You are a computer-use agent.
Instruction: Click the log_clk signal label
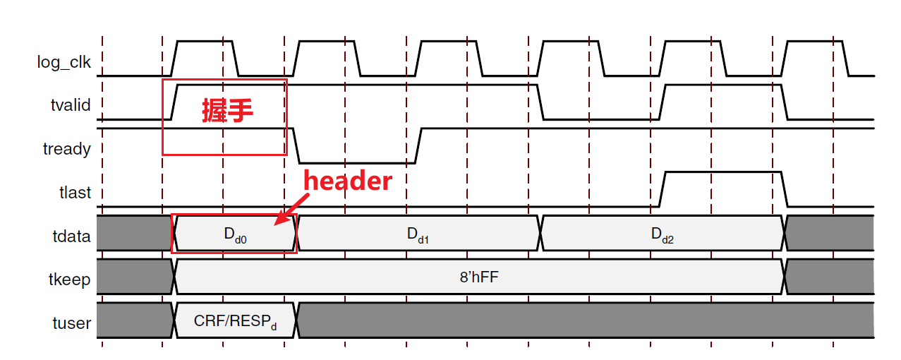pos(64,62)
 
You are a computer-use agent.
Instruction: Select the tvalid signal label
pos(71,105)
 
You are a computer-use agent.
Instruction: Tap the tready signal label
pos(67,149)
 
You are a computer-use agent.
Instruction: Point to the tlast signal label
pos(74,192)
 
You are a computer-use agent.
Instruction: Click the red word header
pos(347,181)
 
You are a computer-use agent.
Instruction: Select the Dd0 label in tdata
pos(235,235)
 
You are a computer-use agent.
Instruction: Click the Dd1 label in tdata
pos(418,235)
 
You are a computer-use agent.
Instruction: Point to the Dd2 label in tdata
pos(663,235)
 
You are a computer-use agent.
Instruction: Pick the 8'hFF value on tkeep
pos(478,277)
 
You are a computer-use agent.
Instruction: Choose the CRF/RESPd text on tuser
pos(235,322)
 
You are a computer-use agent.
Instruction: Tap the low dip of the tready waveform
pos(357,162)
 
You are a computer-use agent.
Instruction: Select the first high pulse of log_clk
pos(205,42)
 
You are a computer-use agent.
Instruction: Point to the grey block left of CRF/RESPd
pos(134,322)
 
